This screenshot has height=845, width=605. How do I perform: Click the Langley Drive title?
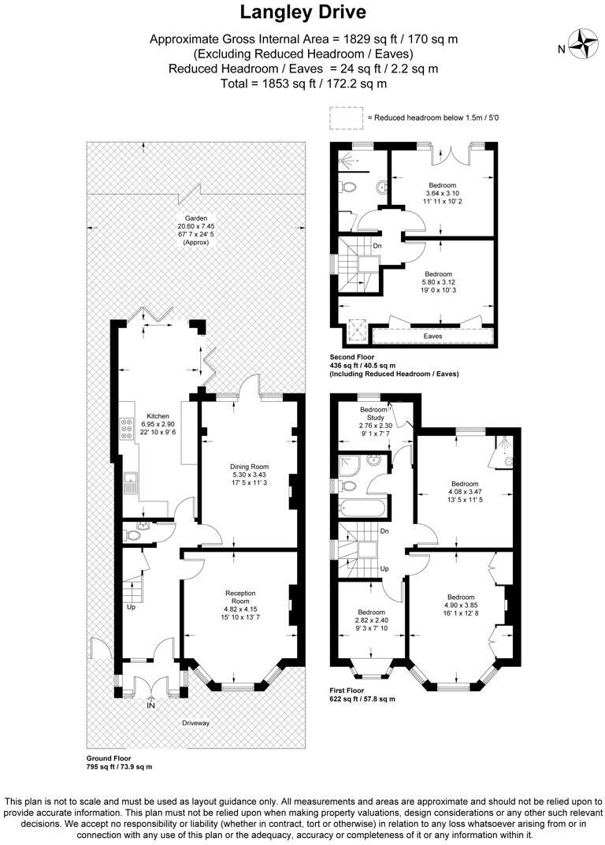coord(302,13)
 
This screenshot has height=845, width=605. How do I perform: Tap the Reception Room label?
coord(241,593)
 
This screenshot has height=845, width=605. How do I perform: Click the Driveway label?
coord(196,721)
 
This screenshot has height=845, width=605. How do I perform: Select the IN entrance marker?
coord(150,705)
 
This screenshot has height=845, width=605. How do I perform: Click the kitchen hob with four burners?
coord(126,428)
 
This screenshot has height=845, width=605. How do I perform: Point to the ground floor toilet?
coord(133,534)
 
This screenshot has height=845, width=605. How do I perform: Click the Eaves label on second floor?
coord(432,336)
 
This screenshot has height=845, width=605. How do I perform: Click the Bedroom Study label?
coord(373,415)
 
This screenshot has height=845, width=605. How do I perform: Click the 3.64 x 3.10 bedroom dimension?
coord(442,193)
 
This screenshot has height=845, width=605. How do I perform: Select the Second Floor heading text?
coord(351,357)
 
